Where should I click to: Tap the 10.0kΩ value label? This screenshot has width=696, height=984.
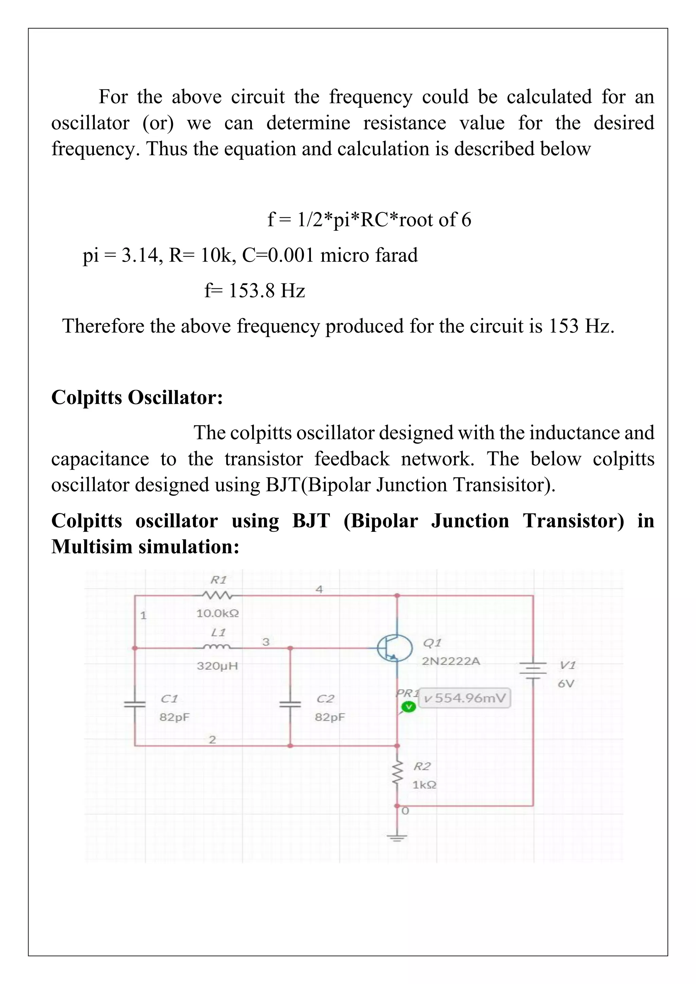tap(217, 613)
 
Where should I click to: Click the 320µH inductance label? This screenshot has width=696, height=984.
tap(217, 666)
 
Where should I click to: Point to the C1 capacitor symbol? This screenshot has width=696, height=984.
tap(135, 704)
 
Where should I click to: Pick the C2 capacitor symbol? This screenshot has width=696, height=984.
tap(290, 704)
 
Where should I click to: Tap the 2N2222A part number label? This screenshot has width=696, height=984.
tap(451, 661)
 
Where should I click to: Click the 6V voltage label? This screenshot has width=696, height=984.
tap(566, 684)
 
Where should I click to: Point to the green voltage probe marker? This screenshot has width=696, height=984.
tap(408, 707)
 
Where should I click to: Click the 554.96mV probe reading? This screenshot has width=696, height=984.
tap(465, 698)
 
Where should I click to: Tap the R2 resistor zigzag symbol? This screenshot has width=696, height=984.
tap(397, 774)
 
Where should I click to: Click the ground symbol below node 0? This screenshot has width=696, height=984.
tap(397, 838)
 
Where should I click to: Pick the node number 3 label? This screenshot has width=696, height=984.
tap(266, 642)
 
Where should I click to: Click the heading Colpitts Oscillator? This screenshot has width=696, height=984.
tap(137, 397)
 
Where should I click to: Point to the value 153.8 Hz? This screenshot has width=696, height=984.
tap(266, 291)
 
